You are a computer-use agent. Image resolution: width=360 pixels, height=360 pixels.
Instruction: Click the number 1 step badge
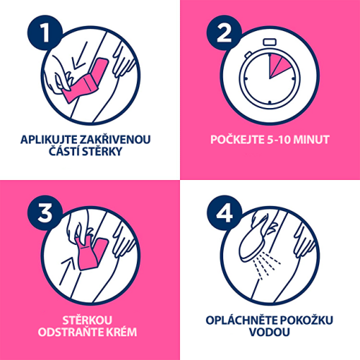tap(45, 33)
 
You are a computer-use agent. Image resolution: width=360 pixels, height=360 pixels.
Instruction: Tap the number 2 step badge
tap(225, 33)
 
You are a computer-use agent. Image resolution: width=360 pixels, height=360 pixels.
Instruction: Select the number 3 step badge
tap(45, 213)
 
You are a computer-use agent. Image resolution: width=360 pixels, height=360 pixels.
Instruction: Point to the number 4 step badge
tap(225, 213)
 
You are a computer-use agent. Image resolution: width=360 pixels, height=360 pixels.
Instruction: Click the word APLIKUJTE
tap(49, 140)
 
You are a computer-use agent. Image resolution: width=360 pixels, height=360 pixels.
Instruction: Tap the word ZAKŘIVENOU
tap(114, 139)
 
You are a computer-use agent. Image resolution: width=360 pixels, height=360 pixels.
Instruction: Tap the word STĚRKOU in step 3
tap(87, 320)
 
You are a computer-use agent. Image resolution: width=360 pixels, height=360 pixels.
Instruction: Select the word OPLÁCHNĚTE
tap(241, 320)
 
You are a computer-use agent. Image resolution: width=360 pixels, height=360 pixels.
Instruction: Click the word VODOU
tap(269, 332)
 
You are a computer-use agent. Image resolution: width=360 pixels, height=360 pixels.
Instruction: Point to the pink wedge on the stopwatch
tap(279, 66)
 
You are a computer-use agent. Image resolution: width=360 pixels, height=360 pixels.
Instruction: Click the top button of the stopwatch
tap(269, 42)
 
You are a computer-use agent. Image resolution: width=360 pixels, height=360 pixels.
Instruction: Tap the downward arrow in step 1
tap(80, 55)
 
